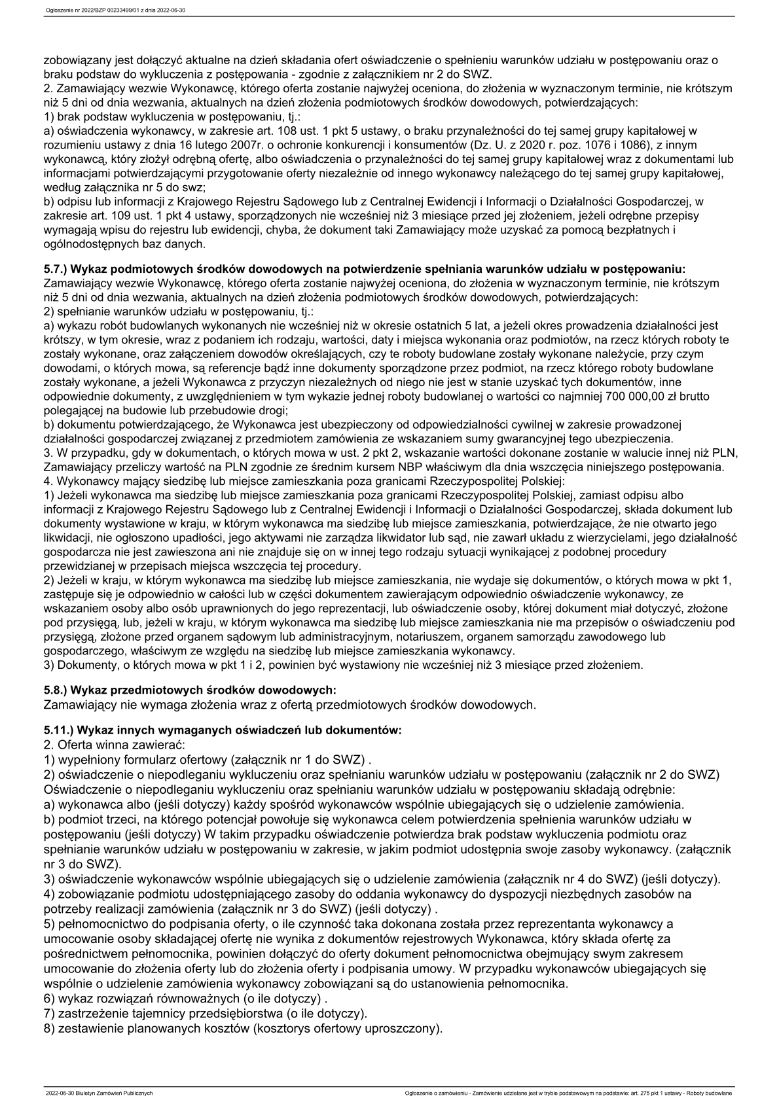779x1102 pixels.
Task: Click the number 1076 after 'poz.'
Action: click(603, 145)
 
